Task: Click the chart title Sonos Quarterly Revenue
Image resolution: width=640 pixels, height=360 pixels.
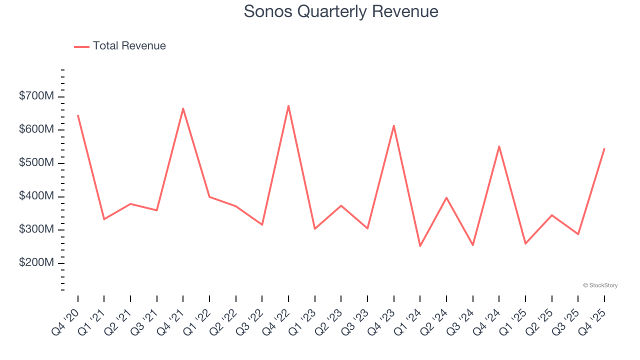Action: coord(341,11)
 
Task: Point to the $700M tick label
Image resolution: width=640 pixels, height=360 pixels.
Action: coord(36,96)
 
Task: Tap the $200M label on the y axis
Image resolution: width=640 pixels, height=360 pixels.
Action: coord(36,263)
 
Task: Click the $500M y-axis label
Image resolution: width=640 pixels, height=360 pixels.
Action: coord(36,163)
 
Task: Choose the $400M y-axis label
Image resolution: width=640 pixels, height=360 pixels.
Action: coord(36,196)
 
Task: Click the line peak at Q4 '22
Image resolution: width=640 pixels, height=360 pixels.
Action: coord(288,105)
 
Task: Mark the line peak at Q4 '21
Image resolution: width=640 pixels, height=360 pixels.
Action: coord(183,108)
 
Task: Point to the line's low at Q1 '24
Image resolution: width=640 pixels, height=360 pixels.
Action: coord(420,246)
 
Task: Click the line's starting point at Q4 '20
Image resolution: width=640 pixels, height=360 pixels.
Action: coord(78,115)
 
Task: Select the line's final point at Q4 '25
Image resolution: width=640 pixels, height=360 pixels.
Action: coord(604,148)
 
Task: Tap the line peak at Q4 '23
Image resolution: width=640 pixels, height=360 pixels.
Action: coord(393,125)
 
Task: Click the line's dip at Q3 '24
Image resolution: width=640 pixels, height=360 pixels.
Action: coord(472,245)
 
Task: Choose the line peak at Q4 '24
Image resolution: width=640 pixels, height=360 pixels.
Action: coord(499,146)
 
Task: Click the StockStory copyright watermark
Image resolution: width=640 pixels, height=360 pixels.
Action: coord(600,285)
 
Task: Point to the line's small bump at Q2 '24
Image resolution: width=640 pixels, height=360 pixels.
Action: coord(446,197)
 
